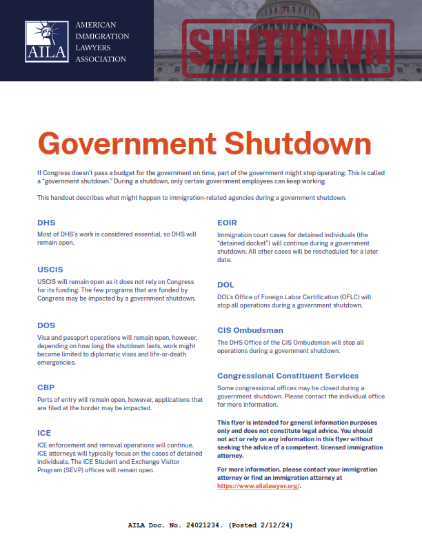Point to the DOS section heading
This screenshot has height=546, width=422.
[46, 325]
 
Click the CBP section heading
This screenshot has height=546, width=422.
[46, 387]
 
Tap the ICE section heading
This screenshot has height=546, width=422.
[43, 432]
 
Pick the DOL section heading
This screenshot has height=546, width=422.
[225, 284]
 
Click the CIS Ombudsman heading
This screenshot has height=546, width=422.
[250, 330]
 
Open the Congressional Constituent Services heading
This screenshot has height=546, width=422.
[288, 376]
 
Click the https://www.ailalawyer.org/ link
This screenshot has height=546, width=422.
[259, 486]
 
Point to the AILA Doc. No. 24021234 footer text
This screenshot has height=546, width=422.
[176, 525]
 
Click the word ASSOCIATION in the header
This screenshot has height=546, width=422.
[101, 59]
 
